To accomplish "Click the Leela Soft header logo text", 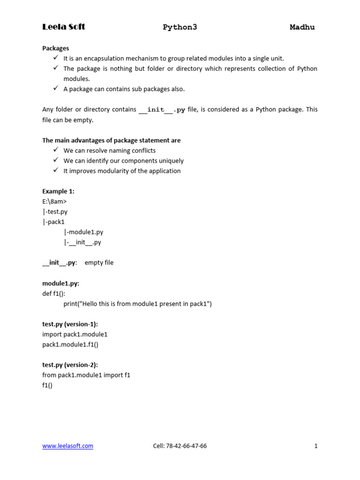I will pos(64,27).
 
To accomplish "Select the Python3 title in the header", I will pos(180,27).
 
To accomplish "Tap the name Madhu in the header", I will pos(302,27).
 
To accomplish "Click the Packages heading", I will pos(55,48).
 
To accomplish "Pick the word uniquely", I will pos(170,161).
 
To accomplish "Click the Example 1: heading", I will pos(58,191).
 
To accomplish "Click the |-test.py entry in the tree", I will pos(55,212).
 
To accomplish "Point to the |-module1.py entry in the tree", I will pos(83,232).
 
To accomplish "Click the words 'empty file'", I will pos(99,262).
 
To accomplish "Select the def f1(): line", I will pos(53,293).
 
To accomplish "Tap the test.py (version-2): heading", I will pos(70,365).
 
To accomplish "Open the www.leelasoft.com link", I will pos(67,446).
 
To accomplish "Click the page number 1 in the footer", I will pos(316,446).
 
